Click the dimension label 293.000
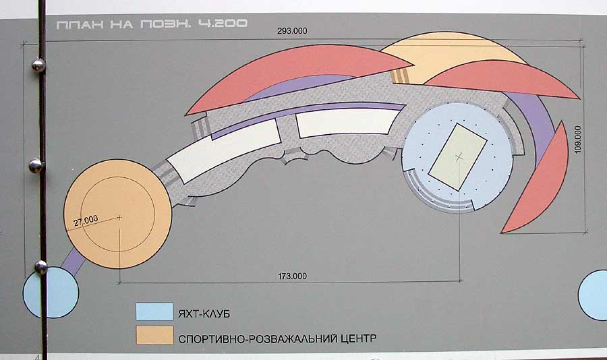[292, 30]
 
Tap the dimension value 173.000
[293, 276]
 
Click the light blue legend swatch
[154, 311]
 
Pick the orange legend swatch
[154, 336]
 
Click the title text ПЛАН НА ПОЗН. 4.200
[152, 24]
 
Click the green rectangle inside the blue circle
[459, 156]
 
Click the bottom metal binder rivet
[40, 267]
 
